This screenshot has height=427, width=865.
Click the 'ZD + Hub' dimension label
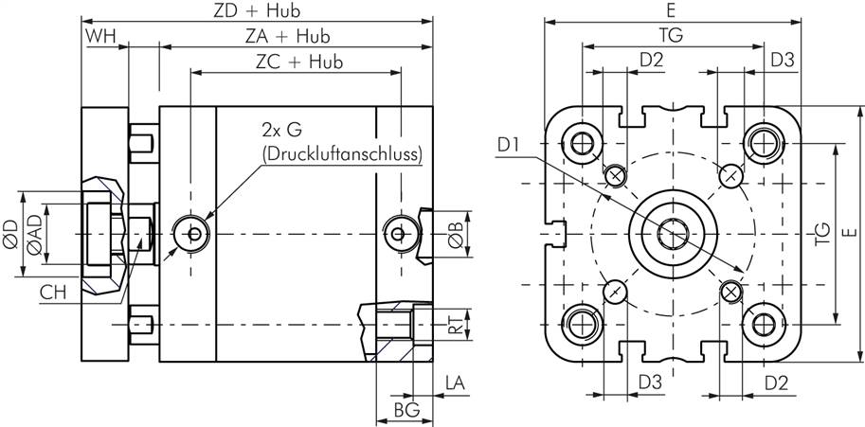pos(258,11)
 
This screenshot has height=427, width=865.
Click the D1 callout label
pos(508,145)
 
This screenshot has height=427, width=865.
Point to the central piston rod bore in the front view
pos(673,231)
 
